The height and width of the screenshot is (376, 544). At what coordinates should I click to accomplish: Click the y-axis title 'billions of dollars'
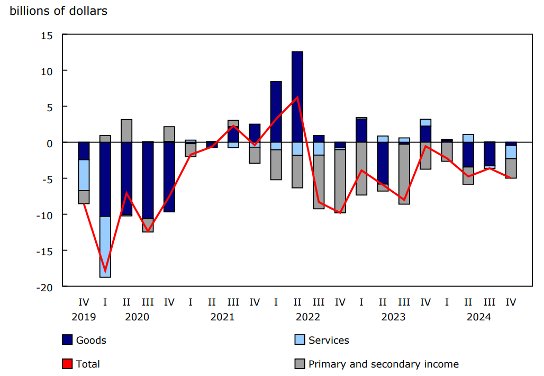59,11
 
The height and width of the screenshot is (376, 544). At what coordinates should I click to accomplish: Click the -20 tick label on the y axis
45,287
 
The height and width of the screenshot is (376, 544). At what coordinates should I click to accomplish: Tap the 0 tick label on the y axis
50,142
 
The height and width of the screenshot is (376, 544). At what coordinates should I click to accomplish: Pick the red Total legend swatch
68,364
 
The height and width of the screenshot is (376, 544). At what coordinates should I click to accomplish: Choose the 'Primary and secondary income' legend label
383,364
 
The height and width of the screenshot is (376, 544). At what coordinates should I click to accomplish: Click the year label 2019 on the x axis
84,317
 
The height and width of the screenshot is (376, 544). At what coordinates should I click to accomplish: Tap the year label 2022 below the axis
308,317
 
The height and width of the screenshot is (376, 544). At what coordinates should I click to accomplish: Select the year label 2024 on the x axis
479,317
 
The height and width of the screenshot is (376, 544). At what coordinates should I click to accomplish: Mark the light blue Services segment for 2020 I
105,247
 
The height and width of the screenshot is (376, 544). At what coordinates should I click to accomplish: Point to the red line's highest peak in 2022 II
298,97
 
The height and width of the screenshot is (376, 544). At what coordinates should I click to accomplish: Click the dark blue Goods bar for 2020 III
148,180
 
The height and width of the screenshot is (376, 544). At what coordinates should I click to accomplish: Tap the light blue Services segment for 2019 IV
84,175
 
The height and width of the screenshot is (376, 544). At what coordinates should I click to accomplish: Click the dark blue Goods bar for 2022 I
276,112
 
